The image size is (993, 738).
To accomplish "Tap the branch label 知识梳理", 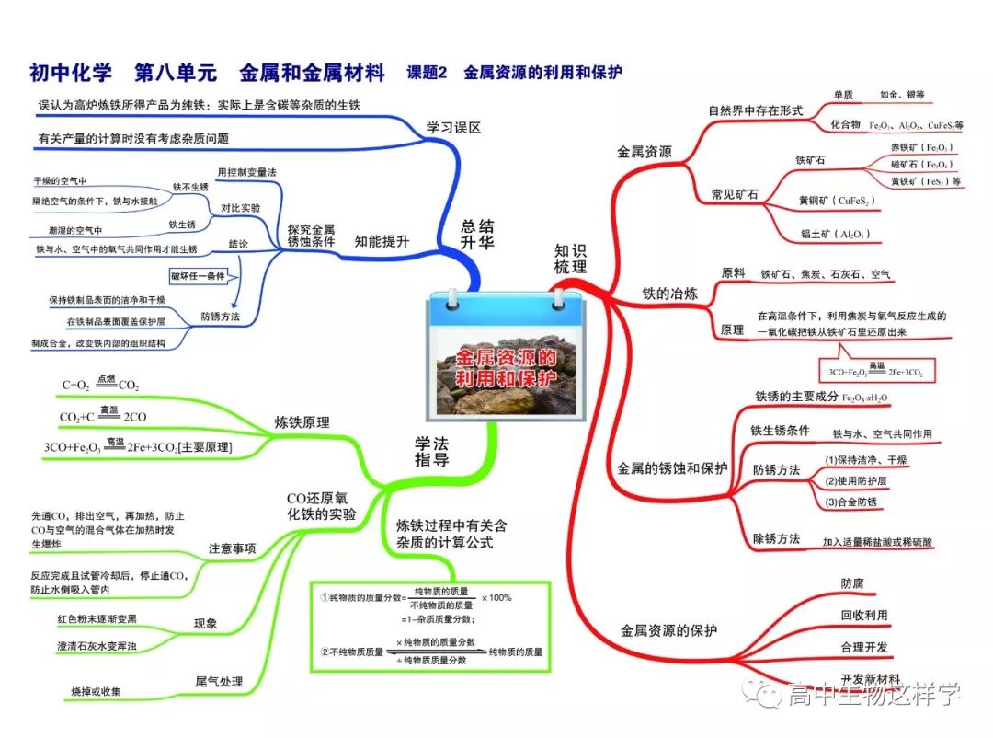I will click(x=570, y=258).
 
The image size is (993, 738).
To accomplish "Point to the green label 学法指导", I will click(x=431, y=452).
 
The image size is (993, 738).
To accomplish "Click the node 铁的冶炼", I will click(x=669, y=294).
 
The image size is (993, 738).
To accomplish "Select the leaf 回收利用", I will click(x=864, y=615).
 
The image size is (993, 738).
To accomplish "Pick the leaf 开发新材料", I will click(x=870, y=678).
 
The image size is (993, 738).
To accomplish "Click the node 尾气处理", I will click(x=219, y=681).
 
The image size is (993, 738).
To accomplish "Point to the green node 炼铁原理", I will click(x=302, y=423).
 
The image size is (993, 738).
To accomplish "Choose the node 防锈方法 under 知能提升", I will click(x=221, y=316).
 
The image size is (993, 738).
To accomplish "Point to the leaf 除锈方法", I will click(x=776, y=538).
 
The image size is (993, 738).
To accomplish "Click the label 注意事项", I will click(x=232, y=548).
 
